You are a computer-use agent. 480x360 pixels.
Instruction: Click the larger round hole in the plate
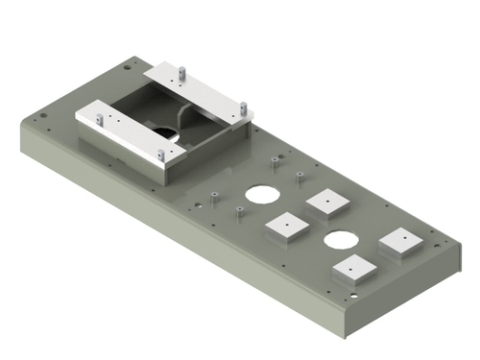click(260, 193)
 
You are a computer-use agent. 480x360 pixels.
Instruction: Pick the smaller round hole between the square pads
click(339, 239)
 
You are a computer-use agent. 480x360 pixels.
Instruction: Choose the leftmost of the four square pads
click(286, 227)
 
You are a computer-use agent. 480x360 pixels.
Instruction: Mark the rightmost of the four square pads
click(400, 240)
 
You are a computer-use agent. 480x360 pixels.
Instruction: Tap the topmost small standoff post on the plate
click(276, 160)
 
